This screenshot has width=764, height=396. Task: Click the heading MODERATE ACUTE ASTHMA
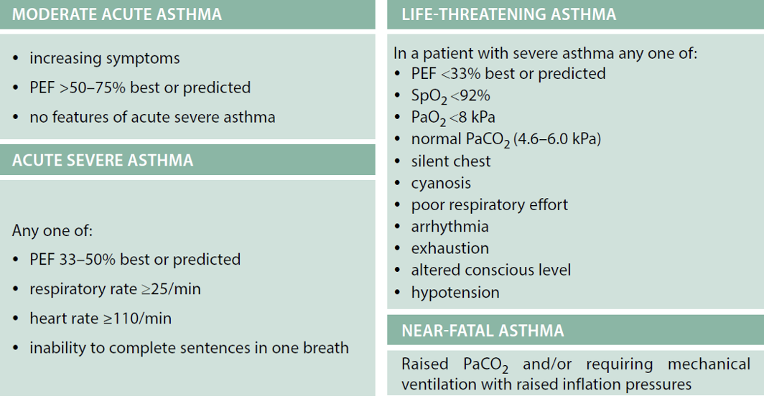[117, 14]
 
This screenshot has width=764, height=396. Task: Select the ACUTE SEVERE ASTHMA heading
[103, 160]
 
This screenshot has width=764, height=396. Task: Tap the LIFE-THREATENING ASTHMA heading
[508, 14]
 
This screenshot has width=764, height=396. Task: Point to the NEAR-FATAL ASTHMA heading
[483, 331]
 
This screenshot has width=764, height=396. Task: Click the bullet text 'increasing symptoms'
[105, 58]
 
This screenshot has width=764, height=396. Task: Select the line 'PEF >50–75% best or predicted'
[140, 88]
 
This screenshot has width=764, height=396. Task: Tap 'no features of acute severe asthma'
[152, 117]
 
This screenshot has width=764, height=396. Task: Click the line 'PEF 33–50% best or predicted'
[135, 259]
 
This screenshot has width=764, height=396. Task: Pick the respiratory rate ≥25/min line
[115, 289]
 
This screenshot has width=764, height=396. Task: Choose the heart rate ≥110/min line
[101, 318]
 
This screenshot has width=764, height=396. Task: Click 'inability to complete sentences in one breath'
[189, 348]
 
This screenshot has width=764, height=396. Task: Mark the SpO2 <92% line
[451, 96]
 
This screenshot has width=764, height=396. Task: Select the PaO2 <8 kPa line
[453, 118]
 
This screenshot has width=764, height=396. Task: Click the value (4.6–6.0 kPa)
[557, 139]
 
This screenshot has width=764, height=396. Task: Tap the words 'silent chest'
[451, 161]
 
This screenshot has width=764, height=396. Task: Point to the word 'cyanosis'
[441, 183]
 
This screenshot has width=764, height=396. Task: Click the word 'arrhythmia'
[449, 227]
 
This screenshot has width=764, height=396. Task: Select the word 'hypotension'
[455, 292]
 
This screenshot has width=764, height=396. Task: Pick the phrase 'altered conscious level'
[490, 270]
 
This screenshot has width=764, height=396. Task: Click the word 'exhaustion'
[449, 248]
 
